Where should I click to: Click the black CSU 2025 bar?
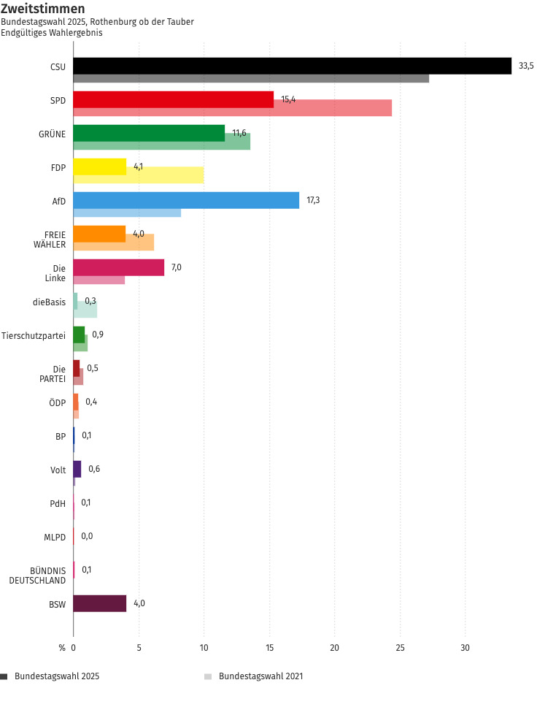292,66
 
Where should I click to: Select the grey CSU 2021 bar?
251,78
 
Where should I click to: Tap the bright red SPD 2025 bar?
174,99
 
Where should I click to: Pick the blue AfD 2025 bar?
186,200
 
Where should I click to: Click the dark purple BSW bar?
100,603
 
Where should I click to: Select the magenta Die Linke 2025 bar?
119,267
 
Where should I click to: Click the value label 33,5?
526,66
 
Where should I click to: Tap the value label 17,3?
313,200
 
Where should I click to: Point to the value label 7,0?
177,267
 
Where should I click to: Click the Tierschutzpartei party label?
34,335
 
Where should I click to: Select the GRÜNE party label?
52,134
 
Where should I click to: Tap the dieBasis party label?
49,302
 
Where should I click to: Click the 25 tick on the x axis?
400,647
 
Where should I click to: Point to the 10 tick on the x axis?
204,647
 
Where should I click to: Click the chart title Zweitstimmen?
42,9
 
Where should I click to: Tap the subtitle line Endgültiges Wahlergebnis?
51,33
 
